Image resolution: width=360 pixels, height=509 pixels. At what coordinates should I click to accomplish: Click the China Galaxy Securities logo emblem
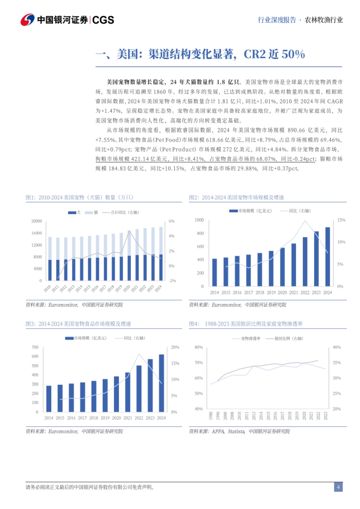(27, 20)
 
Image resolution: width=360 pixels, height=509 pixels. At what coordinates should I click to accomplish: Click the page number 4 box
(338, 487)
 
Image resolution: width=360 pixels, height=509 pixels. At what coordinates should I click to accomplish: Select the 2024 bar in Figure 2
(328, 257)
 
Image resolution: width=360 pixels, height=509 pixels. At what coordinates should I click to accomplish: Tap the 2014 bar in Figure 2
(214, 272)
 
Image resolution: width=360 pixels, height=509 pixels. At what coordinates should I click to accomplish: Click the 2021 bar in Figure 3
(127, 392)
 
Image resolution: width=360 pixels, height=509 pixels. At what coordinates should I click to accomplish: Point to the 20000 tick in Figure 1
(37, 221)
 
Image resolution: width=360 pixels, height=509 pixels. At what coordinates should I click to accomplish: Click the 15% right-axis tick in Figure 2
(341, 220)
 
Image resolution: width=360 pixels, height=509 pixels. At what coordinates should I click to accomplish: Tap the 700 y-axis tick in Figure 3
(35, 347)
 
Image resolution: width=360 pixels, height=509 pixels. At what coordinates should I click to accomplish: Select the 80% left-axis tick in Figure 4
(199, 347)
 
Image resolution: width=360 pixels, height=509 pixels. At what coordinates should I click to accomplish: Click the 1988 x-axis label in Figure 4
(211, 415)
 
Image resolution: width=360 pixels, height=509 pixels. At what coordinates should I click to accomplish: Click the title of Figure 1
(79, 198)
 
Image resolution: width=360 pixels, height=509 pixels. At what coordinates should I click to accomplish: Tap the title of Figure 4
(246, 324)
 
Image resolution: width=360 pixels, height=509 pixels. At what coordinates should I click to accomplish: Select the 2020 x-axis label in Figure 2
(282, 293)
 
